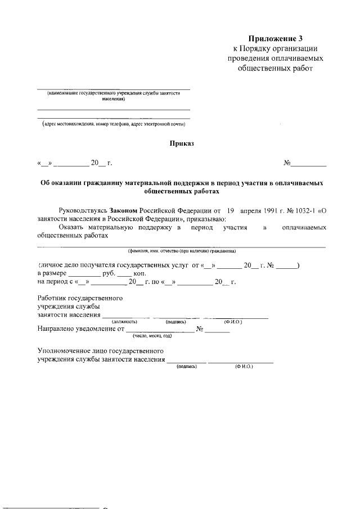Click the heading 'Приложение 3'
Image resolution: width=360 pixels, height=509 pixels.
click(x=276, y=38)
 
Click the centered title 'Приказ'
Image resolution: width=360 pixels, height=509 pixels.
click(x=182, y=143)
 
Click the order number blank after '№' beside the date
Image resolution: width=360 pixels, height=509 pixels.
click(x=308, y=164)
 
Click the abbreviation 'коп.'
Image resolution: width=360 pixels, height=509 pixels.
click(x=139, y=273)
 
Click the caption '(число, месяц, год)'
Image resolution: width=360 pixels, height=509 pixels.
click(x=152, y=336)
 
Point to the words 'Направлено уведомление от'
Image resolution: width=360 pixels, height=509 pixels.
click(x=80, y=329)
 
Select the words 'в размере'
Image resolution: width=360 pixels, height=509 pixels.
click(x=52, y=273)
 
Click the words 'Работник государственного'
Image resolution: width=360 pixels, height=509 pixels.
click(x=79, y=298)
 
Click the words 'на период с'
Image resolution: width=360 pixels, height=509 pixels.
click(x=56, y=282)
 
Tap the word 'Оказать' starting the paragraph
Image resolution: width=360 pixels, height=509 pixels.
click(x=71, y=227)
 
